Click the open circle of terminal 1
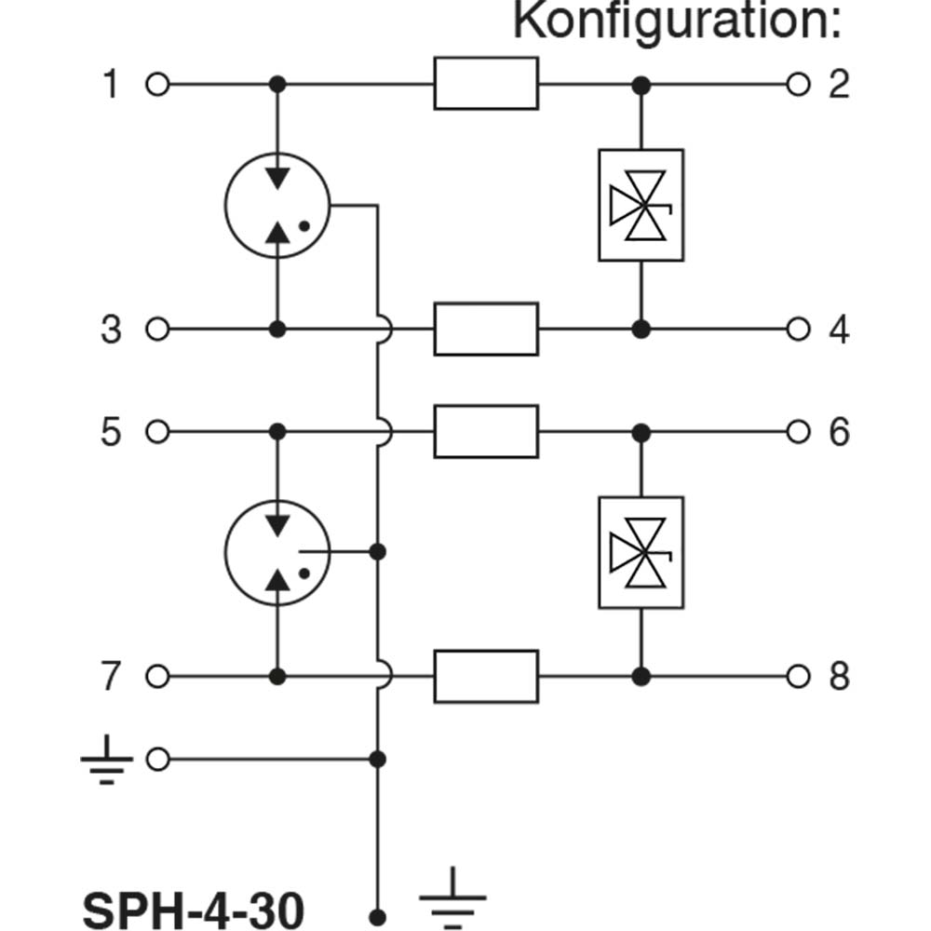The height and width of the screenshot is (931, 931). tap(157, 85)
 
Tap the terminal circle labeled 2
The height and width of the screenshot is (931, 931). tap(798, 85)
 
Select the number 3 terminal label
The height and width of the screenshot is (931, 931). tap(111, 330)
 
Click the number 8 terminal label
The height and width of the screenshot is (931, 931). tap(839, 676)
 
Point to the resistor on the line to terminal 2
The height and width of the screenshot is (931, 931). tap(486, 83)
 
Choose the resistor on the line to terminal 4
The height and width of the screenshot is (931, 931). tap(486, 329)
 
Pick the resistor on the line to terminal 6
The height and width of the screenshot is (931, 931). tap(486, 432)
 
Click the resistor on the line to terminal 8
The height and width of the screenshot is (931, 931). tap(486, 676)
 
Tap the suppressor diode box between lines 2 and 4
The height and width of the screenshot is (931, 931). tap(641, 205)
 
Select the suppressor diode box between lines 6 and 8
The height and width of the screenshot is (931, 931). tap(641, 553)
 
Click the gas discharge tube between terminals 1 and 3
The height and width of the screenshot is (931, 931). tap(277, 206)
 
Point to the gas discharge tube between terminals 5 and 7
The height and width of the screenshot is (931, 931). tap(277, 553)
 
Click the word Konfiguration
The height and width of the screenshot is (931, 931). tap(677, 21)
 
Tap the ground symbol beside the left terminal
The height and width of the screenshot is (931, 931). tap(107, 760)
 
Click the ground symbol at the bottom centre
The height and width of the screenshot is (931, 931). tap(452, 897)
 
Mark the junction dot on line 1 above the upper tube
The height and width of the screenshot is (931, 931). tap(277, 85)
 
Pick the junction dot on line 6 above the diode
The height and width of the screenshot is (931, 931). tap(641, 433)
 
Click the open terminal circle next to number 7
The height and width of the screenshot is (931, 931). tap(157, 676)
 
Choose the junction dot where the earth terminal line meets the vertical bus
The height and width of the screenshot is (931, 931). tap(377, 760)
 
